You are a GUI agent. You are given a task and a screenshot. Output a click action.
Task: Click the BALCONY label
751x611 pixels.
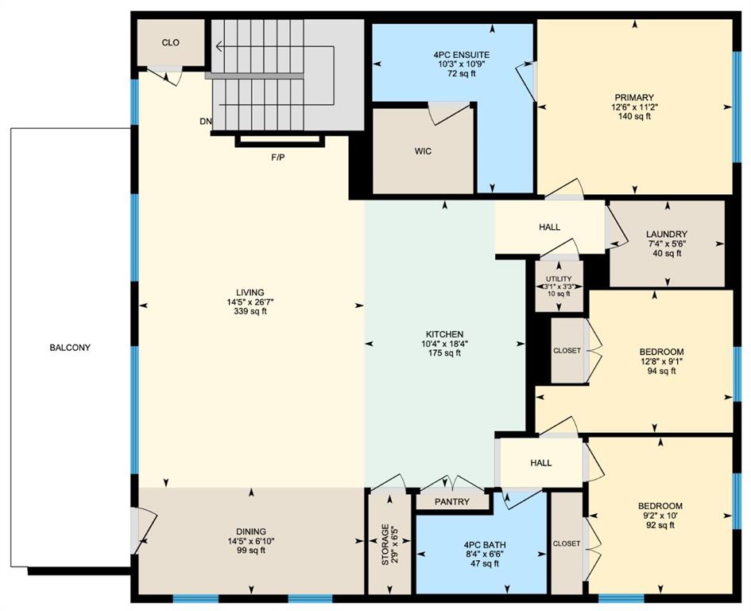point(70,348)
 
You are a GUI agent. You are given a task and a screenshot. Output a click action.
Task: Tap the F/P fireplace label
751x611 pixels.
point(278,158)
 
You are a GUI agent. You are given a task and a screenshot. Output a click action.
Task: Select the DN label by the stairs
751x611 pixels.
point(206,123)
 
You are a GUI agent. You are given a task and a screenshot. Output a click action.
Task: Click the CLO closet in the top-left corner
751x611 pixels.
point(170,43)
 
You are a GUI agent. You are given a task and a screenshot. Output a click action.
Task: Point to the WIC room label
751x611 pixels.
point(423,151)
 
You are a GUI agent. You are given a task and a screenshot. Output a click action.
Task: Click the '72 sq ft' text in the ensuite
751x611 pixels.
point(455,73)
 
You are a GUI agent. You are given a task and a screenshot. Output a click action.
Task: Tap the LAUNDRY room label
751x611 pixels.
point(667,234)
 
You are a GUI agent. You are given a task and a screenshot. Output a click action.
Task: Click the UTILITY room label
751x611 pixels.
point(559,279)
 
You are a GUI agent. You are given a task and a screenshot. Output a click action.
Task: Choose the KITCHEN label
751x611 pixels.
point(444,334)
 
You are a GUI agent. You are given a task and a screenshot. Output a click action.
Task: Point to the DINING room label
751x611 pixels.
point(250,531)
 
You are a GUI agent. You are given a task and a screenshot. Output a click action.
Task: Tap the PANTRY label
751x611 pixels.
point(452,503)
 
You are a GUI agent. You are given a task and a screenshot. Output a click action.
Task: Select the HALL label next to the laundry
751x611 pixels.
point(550,228)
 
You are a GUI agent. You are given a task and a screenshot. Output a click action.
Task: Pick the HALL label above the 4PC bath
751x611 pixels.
point(540,463)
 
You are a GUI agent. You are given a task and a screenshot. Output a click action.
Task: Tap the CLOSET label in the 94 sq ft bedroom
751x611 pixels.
point(567,351)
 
